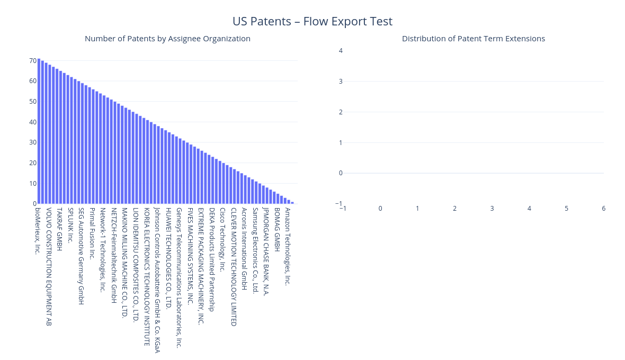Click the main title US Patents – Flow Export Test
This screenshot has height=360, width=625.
point(312,21)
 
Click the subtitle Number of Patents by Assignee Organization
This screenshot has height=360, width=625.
point(167,39)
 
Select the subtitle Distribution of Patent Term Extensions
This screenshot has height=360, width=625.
point(473,39)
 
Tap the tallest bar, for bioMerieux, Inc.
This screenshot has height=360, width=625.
point(39,131)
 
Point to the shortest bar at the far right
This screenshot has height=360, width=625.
point(292,203)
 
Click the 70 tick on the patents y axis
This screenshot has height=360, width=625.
point(33,60)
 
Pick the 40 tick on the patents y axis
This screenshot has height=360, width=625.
point(33,122)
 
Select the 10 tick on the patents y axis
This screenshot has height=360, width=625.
point(33,184)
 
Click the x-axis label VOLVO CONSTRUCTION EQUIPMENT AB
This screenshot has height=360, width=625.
point(49,267)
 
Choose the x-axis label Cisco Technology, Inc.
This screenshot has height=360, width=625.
point(222,239)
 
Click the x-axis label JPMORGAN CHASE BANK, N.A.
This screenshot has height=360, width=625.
point(266,251)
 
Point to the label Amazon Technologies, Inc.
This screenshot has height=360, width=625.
point(288,247)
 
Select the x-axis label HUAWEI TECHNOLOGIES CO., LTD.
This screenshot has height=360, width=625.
point(168,258)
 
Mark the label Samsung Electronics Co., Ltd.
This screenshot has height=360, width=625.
point(255,250)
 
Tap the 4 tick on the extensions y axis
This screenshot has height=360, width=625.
point(341,51)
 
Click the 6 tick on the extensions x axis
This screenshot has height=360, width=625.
point(603,208)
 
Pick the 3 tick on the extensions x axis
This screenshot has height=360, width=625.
point(492,208)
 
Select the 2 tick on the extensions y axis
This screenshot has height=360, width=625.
point(341,112)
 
